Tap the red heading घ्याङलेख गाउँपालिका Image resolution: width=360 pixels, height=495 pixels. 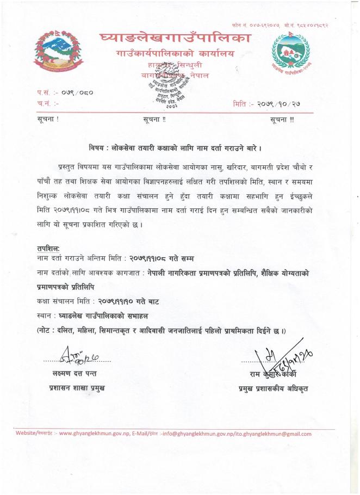click(x=175, y=38)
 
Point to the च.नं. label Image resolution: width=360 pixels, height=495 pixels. click(x=44, y=102)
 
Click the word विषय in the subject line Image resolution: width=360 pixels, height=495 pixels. click(x=98, y=148)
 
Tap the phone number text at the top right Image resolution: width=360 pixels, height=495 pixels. click(x=286, y=26)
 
